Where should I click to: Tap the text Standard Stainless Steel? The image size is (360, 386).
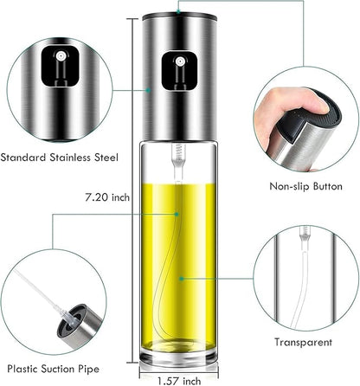pos(62,158)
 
